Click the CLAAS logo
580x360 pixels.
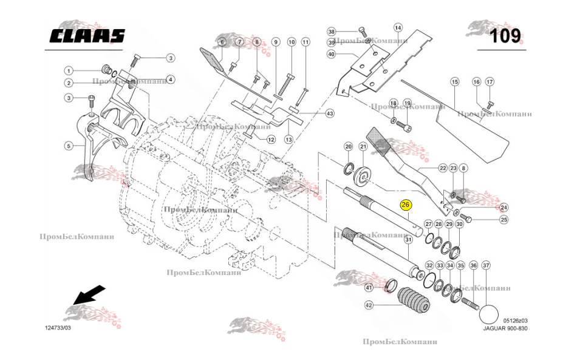(87, 36)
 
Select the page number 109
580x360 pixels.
(505, 36)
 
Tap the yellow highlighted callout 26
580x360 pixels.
(406, 205)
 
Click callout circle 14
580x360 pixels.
(398, 27)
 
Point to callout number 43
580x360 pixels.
(330, 113)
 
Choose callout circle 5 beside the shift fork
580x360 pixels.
(69, 145)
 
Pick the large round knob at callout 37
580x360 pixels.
(489, 314)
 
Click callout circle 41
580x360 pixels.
(369, 287)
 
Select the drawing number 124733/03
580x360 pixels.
(58, 328)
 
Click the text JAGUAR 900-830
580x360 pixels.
(505, 328)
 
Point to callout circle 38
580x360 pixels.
(332, 31)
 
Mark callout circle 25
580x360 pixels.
(503, 220)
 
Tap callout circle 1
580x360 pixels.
(69, 70)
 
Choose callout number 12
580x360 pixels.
(271, 140)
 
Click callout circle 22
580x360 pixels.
(443, 168)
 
